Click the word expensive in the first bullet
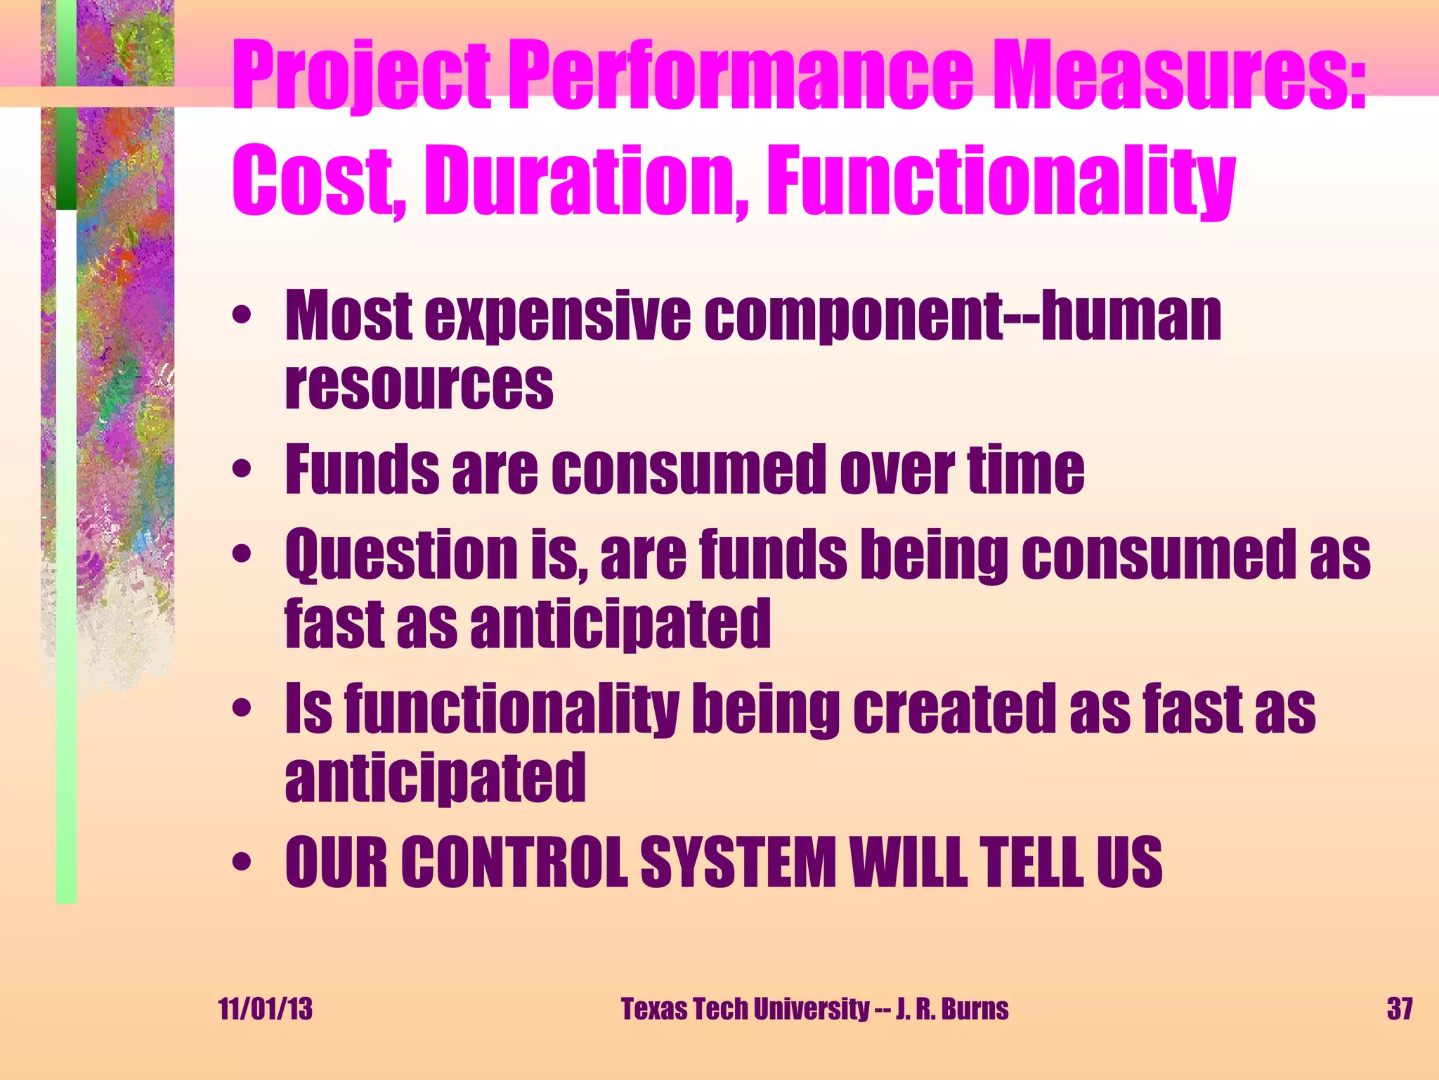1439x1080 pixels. (559, 316)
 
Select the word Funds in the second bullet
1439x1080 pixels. (362, 469)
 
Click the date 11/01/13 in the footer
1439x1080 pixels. (266, 1009)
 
